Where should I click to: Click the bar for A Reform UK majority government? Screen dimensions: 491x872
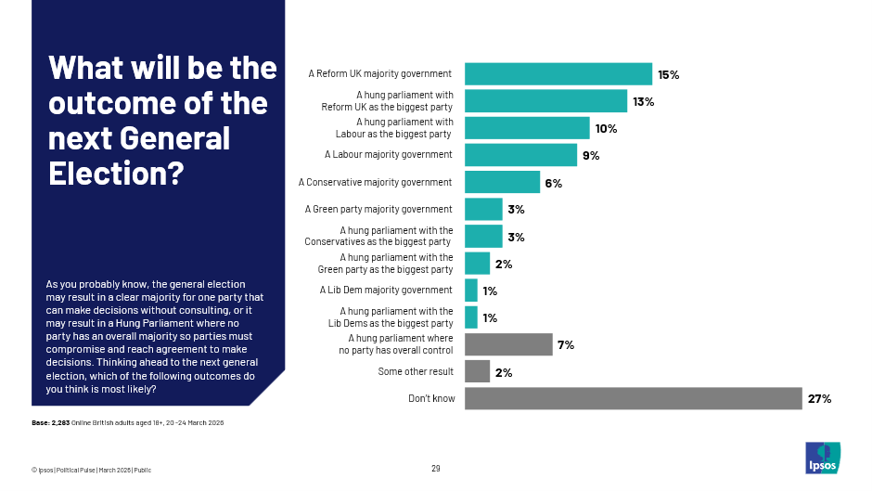pyautogui.click(x=558, y=74)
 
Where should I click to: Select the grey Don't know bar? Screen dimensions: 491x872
pyautogui.click(x=633, y=399)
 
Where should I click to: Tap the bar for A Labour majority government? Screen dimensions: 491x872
pyautogui.click(x=520, y=155)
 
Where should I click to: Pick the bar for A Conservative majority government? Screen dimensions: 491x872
pyautogui.click(x=502, y=182)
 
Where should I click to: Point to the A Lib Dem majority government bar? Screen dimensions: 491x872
pyautogui.click(x=471, y=291)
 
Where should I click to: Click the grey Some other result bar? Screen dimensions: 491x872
pyautogui.click(x=477, y=372)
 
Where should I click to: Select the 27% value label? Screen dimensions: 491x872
pyautogui.click(x=819, y=399)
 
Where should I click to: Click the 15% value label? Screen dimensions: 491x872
pyautogui.click(x=669, y=74)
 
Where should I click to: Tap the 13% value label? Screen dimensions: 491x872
pyautogui.click(x=644, y=101)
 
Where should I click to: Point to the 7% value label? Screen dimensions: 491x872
pyautogui.click(x=566, y=345)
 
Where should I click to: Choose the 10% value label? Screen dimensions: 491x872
pyautogui.click(x=607, y=128)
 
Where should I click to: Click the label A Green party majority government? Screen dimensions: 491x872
pyautogui.click(x=378, y=210)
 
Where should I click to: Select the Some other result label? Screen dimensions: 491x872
pyautogui.click(x=416, y=372)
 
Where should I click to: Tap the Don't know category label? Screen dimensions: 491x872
pyautogui.click(x=430, y=399)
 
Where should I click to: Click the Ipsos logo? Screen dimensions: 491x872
pyautogui.click(x=823, y=456)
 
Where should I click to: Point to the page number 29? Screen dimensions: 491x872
pyautogui.click(x=436, y=468)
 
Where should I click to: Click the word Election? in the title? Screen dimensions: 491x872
pyautogui.click(x=116, y=174)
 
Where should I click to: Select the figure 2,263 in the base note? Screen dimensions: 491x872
pyautogui.click(x=60, y=423)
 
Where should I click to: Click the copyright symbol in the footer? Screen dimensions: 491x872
pyautogui.click(x=33, y=469)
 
